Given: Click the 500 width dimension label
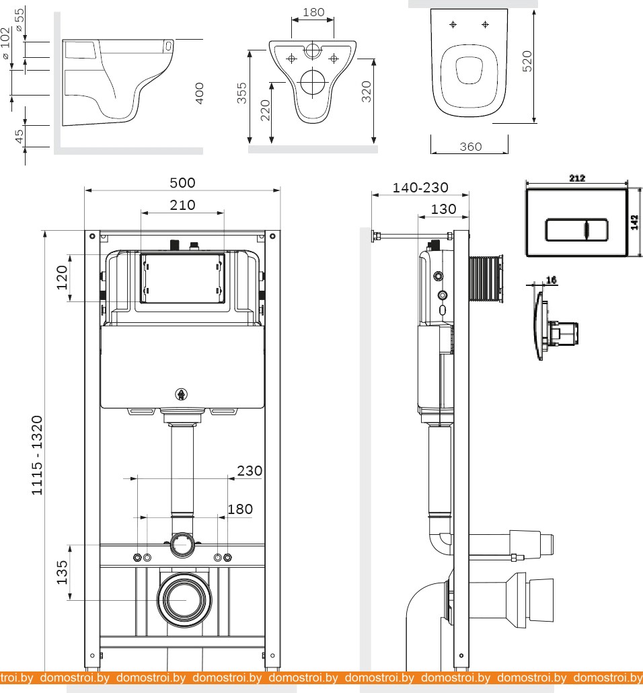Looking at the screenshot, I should point(182,182).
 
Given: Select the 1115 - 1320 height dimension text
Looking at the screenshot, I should point(37,455).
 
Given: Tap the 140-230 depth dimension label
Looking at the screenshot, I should point(420,188).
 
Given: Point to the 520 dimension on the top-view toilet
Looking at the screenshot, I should point(527,61).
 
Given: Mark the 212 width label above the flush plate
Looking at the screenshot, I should point(576,178).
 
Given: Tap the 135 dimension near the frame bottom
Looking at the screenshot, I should point(62,572).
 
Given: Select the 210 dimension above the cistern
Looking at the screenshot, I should point(182,205).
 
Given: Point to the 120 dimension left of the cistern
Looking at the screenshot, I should point(62,277).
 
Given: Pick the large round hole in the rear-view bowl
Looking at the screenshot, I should point(312,82).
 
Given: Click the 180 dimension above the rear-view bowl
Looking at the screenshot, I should point(313,12).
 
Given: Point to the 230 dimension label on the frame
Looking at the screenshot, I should point(249,471).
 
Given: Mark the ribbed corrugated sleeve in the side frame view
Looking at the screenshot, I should point(486,278).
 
